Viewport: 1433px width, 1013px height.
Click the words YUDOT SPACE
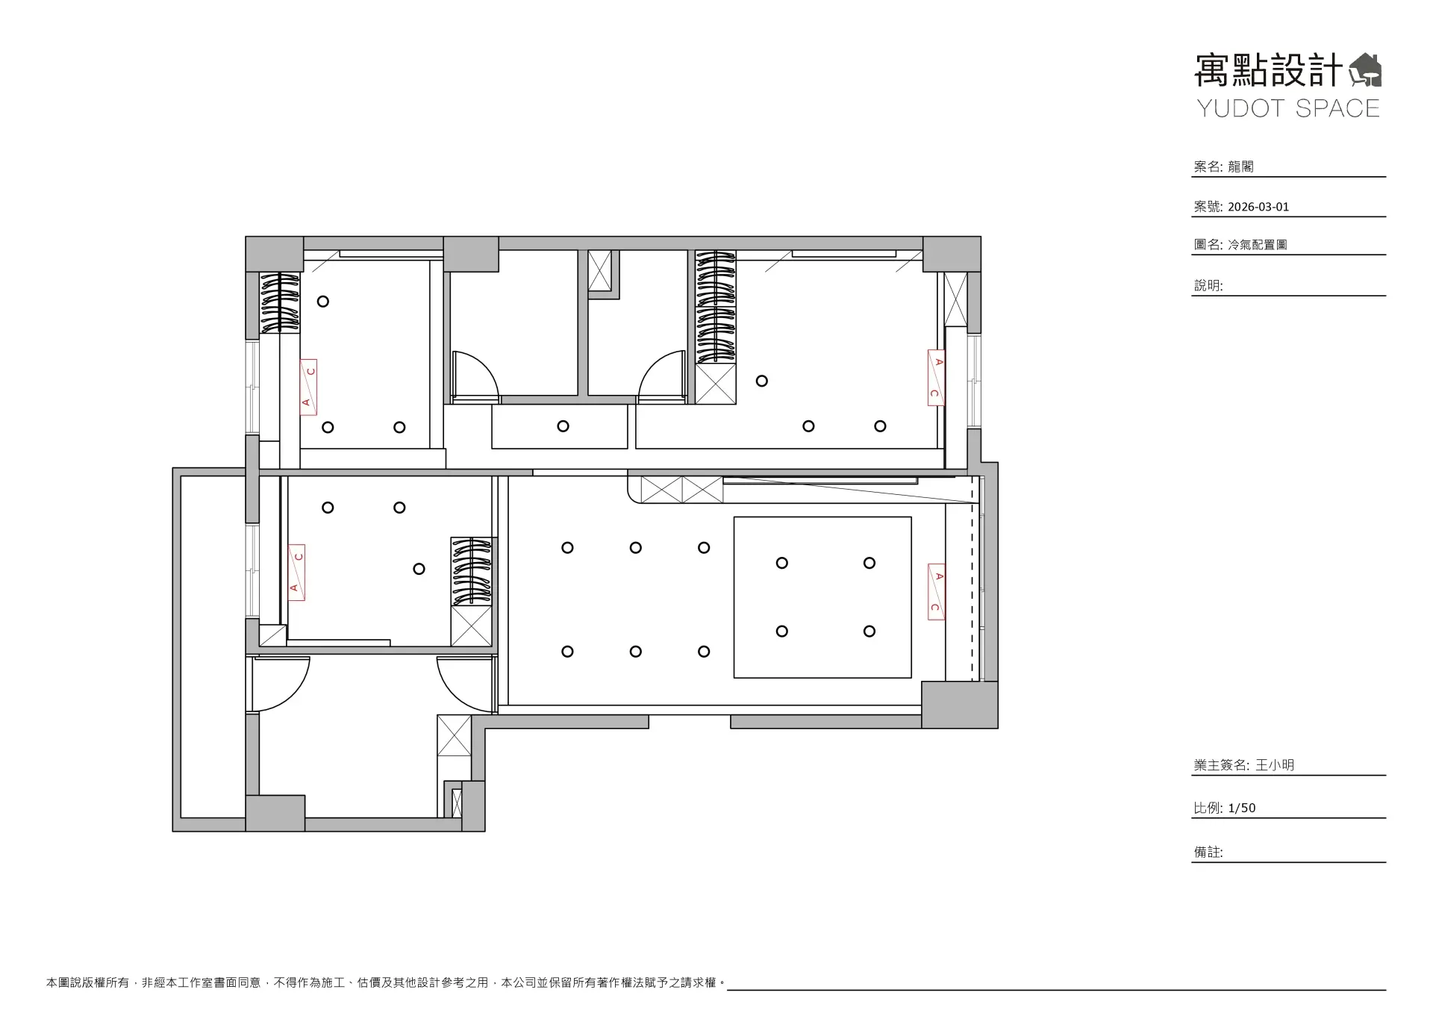click(1289, 108)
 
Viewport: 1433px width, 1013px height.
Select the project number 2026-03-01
click(1258, 207)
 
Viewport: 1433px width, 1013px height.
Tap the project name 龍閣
click(1240, 166)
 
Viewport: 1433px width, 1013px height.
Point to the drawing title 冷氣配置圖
click(1258, 244)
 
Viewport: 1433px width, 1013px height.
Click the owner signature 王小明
click(1275, 765)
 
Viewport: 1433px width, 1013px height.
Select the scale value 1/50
click(1242, 808)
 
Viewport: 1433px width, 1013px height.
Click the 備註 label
click(1208, 852)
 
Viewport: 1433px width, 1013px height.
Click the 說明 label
click(1208, 285)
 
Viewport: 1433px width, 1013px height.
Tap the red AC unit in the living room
click(937, 591)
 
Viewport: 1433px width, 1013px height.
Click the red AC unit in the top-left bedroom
click(308, 387)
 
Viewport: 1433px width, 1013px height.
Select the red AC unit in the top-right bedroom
click(937, 378)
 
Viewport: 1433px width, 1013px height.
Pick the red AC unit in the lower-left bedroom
click(297, 573)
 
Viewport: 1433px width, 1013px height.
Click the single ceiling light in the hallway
click(563, 426)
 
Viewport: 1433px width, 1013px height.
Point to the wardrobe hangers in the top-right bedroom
click(716, 307)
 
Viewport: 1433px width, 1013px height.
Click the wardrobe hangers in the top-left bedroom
click(279, 302)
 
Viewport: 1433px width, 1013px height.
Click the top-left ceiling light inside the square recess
click(782, 563)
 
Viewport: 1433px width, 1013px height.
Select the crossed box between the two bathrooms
click(600, 270)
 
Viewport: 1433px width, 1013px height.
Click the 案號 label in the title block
click(1208, 207)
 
